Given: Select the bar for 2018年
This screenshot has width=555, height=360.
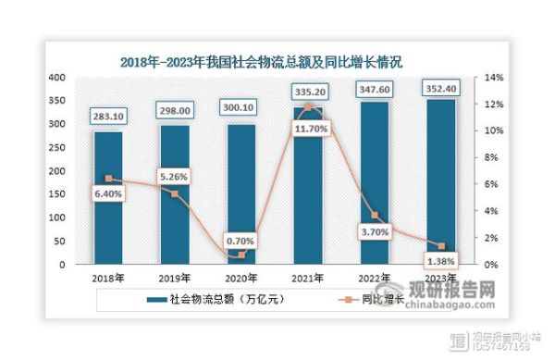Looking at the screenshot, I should (x=109, y=199).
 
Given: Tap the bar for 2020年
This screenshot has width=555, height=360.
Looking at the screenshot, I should (x=241, y=199).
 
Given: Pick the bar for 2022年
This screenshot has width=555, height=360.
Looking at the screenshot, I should (x=374, y=185).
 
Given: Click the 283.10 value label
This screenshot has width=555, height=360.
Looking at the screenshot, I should (x=109, y=116).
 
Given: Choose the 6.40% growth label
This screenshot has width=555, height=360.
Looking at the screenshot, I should (x=109, y=194).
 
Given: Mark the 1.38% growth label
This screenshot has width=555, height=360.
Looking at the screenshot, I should (x=441, y=260).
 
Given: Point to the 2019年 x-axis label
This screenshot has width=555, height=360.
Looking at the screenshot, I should (x=175, y=278).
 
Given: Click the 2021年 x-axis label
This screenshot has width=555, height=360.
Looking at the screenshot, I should (x=308, y=278).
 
